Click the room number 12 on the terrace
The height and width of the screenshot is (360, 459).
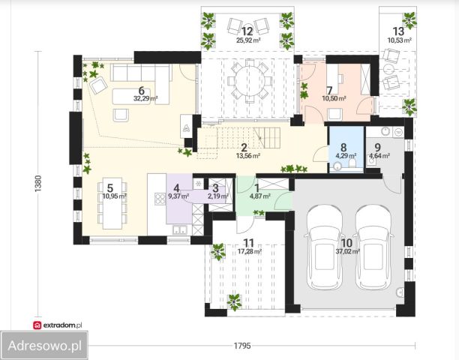coord(247,31)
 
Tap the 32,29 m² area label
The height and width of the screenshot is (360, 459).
coord(145,98)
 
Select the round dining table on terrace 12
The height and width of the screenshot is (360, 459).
coord(250,81)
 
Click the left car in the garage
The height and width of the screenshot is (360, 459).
coord(324,247)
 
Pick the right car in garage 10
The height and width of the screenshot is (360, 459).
coord(373,247)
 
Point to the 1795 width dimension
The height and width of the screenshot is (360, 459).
coord(242,346)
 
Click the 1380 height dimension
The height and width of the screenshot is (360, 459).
coord(38,184)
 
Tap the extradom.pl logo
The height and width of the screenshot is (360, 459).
coord(58,325)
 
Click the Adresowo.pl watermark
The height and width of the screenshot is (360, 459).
coord(44,346)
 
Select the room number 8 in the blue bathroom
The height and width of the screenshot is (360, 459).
coord(343,148)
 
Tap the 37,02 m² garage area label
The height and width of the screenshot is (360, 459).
coord(347,251)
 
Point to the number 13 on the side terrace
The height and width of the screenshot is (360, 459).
coord(398,31)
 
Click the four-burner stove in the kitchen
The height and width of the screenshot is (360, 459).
coord(160,199)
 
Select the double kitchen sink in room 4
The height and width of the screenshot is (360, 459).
coord(180,230)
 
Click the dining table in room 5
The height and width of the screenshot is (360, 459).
coord(112,203)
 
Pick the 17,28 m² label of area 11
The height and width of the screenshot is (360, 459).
coord(250,251)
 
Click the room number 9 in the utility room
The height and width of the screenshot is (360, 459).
coord(377,148)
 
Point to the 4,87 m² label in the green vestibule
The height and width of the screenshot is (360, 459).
coord(259,196)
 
